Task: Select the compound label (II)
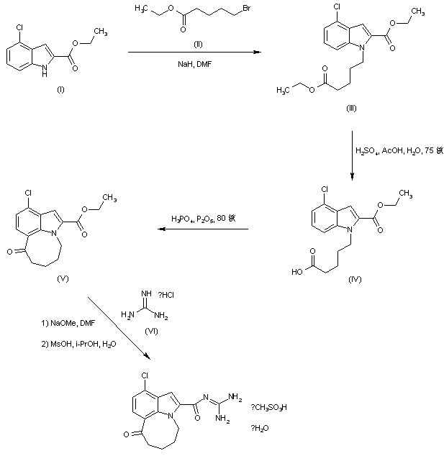point(199,43)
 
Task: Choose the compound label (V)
point(61,276)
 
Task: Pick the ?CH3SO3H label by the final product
point(270,408)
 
